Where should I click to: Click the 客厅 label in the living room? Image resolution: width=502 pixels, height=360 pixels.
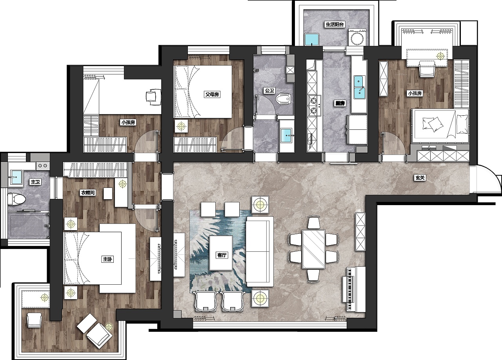[222, 255]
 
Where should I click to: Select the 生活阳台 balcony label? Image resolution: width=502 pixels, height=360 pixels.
[335, 24]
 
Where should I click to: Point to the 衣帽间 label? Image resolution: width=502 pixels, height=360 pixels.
[88, 193]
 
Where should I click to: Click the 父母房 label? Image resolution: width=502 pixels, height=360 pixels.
[212, 95]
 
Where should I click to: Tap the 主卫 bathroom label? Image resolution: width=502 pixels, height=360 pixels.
[35, 182]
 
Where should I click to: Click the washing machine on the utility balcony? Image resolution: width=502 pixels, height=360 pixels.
[357, 38]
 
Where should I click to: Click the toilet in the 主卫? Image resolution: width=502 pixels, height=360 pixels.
[17, 199]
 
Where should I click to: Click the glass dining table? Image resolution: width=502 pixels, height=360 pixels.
[313, 249]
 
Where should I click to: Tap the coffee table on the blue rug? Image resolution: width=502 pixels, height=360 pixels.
[221, 253]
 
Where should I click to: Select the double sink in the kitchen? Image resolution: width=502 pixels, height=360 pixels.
[359, 87]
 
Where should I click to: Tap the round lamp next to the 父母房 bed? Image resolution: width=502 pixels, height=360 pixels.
[181, 127]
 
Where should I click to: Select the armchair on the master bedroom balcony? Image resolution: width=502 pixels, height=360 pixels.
[34, 320]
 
